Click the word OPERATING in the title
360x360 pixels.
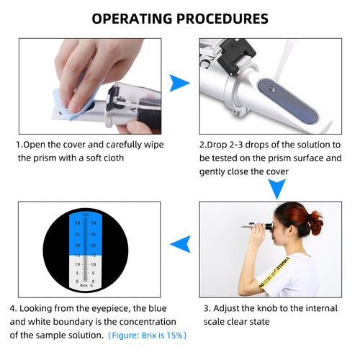(134, 18)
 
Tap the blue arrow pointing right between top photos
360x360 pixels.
(179, 84)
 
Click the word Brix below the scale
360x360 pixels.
(78, 285)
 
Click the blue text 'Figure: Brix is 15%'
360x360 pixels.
(148, 335)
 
